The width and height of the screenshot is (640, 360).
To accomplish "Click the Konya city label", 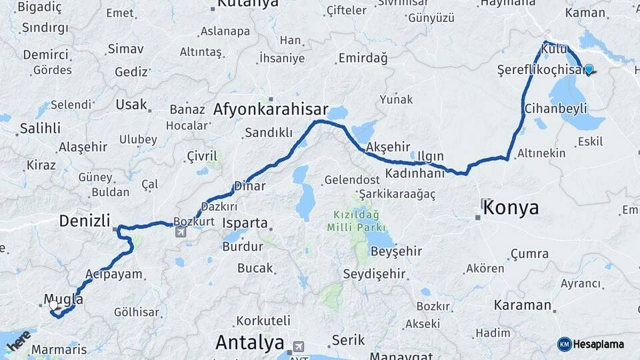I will (x=511, y=207).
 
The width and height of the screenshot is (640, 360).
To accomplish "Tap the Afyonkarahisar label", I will (x=271, y=110).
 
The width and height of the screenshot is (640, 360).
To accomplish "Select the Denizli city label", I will (x=85, y=221).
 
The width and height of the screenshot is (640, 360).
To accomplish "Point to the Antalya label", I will (x=249, y=343).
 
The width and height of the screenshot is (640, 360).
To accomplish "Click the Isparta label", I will (x=245, y=223).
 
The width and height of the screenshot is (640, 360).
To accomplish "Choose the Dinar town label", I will (x=250, y=187).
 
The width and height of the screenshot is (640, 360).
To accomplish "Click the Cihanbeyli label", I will (x=555, y=108).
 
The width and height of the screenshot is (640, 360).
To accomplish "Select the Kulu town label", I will (x=554, y=49).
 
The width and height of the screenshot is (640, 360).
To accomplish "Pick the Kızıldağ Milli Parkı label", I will (x=353, y=221).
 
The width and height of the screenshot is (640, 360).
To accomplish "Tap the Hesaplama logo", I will (x=591, y=344).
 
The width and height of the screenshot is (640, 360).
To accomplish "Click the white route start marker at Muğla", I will (x=53, y=305).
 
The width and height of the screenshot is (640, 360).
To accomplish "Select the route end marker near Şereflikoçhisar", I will (x=589, y=69).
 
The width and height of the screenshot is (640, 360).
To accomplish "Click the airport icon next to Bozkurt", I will (x=181, y=232).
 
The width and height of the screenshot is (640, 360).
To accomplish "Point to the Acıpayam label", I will (x=114, y=274).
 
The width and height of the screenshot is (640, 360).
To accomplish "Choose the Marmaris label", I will (x=59, y=349).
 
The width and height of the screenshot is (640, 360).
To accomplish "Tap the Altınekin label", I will (x=541, y=153).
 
